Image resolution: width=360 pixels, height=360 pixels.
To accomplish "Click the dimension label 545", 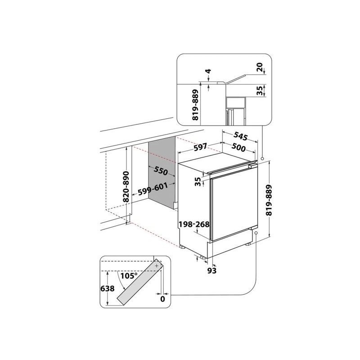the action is pyautogui.click(x=241, y=136).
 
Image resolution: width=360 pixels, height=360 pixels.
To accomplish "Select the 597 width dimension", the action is pyautogui.click(x=200, y=147).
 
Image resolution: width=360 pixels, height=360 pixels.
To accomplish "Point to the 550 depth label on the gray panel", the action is pyautogui.click(x=161, y=171).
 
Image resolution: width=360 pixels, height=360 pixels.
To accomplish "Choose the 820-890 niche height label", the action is pyautogui.click(x=126, y=186).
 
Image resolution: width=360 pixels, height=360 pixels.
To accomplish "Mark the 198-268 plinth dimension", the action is pyautogui.click(x=194, y=224).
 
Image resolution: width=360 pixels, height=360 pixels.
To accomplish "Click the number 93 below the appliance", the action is pyautogui.click(x=212, y=270).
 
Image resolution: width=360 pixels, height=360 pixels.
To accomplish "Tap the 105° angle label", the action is pyautogui.click(x=129, y=275).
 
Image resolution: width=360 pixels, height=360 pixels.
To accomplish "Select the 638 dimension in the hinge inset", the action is pyautogui.click(x=108, y=288).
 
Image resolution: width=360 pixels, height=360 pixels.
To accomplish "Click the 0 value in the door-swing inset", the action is pyautogui.click(x=162, y=299).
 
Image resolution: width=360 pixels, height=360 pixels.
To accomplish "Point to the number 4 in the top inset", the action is pyautogui.click(x=208, y=71).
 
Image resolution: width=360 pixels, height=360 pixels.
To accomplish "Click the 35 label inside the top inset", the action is pyautogui.click(x=260, y=91).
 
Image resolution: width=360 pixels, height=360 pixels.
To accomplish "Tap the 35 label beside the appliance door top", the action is pyautogui.click(x=198, y=181).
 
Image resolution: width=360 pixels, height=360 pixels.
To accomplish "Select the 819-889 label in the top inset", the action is pyautogui.click(x=195, y=105).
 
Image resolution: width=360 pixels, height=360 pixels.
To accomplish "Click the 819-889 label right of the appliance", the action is pyautogui.click(x=269, y=200).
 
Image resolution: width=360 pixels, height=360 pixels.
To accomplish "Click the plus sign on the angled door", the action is pyautogui.click(x=157, y=266).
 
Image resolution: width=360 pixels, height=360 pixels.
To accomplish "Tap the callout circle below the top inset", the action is pyautogui.click(x=262, y=158).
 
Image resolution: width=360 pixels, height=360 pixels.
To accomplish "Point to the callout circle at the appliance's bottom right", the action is pyautogui.click(x=256, y=233).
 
